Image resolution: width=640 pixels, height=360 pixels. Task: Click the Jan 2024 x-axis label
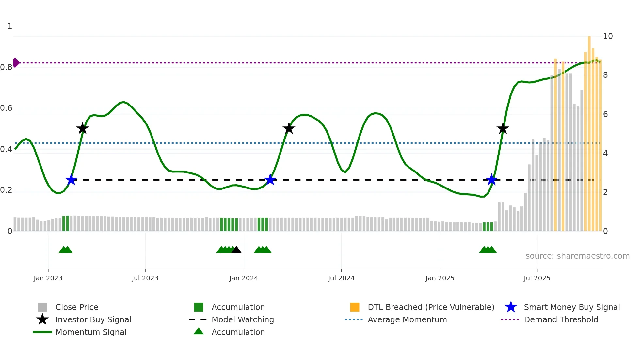(244, 278)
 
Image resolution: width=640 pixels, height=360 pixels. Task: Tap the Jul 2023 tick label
(145, 278)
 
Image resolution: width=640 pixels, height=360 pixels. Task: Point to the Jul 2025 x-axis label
(537, 278)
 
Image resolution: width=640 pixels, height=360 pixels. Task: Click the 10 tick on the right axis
(608, 36)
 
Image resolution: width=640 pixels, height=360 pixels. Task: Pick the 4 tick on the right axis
(605, 153)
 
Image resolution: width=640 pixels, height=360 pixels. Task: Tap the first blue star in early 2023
(71, 180)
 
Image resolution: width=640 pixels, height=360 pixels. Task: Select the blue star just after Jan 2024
(270, 180)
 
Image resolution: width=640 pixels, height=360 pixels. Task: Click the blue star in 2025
(491, 180)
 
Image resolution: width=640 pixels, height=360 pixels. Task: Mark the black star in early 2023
(82, 128)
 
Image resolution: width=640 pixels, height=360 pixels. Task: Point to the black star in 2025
(503, 128)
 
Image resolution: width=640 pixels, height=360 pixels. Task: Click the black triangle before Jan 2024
(236, 250)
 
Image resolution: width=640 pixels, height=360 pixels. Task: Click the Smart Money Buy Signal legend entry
(571, 307)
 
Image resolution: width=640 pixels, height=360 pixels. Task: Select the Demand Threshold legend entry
(561, 319)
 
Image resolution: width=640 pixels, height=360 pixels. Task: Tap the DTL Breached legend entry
(431, 307)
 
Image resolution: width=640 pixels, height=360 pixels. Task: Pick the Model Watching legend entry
(242, 319)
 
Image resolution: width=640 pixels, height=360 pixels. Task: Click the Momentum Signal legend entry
(91, 332)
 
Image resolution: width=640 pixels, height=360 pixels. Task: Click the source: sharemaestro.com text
(577, 256)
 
